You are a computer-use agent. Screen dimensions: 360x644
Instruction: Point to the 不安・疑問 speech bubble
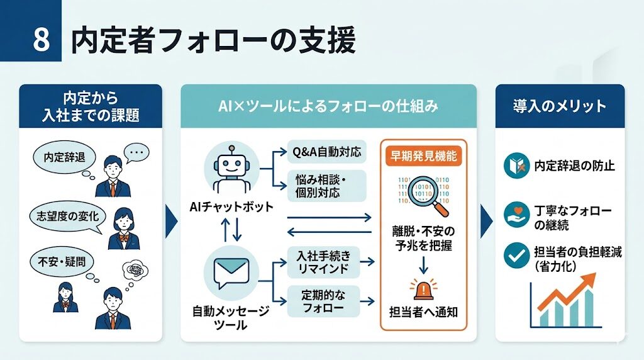tap(57, 259)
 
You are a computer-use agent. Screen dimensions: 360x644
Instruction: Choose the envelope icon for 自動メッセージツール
tap(231, 274)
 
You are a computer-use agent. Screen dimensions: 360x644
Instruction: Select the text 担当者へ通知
tap(423, 311)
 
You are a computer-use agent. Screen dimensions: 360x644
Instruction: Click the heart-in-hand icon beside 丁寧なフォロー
tap(517, 215)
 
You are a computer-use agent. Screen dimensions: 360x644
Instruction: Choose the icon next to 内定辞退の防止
tap(517, 166)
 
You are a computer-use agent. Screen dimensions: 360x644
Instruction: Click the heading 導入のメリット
tap(559, 106)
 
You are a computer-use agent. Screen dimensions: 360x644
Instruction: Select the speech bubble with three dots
tap(136, 152)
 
